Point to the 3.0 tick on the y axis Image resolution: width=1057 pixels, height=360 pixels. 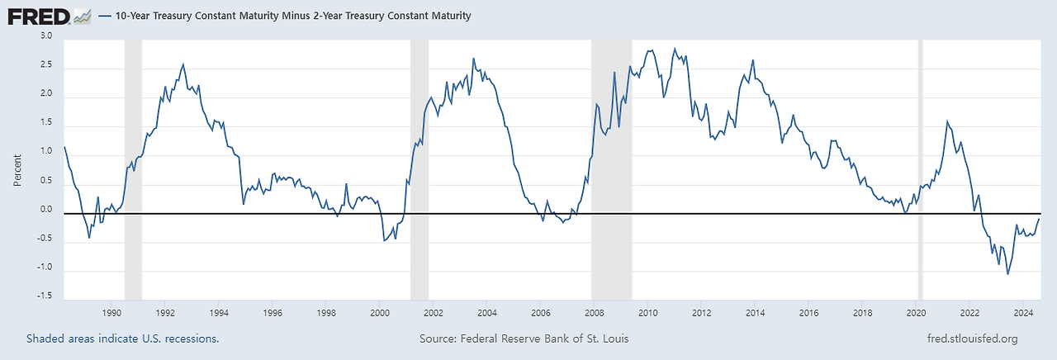point(45,36)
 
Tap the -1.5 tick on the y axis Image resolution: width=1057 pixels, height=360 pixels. point(44,296)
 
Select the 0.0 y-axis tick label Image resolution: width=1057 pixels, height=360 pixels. point(45,210)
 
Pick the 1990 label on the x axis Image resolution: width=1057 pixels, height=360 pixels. point(111,313)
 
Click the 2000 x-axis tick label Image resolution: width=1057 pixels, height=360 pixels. point(380,313)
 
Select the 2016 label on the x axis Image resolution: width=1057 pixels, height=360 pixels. point(809,313)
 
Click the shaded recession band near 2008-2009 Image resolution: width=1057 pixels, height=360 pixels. point(612,165)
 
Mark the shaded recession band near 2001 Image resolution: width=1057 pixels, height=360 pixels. point(419,165)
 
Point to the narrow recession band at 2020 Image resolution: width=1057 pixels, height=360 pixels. point(921,165)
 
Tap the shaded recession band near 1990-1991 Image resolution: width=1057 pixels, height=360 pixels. point(132,165)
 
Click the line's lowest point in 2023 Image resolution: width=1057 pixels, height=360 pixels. point(1007,273)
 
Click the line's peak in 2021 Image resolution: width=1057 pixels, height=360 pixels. point(947,121)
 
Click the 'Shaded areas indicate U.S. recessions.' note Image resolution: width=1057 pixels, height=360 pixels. point(122,339)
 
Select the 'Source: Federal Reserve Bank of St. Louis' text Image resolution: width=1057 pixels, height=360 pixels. point(529,339)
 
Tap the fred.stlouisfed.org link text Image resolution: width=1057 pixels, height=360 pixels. point(973,339)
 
